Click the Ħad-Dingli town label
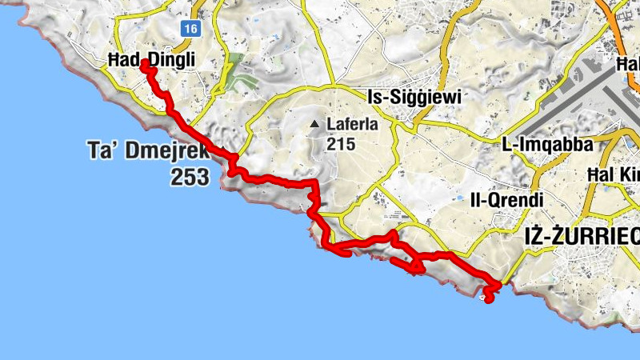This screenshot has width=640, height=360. coord(151,59)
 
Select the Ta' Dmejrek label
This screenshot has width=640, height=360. coord(147,150)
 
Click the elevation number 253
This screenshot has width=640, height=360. coord(190,176)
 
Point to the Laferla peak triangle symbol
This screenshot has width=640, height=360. coord(315,124)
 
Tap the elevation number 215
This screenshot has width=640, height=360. coord(340,144)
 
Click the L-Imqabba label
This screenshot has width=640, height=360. coord(547,145)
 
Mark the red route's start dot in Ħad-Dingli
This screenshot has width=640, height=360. coord(145,64)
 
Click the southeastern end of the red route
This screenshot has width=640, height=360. coord(489,300)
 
